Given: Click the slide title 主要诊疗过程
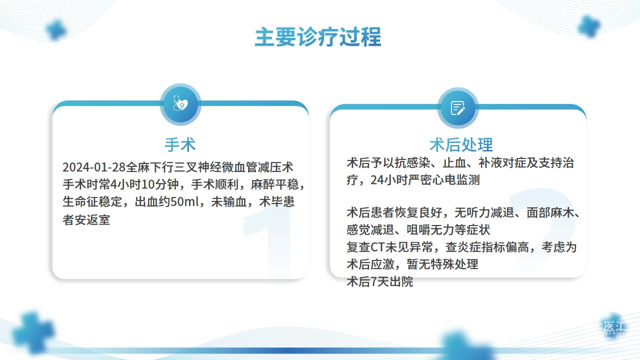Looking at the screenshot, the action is [x=318, y=37].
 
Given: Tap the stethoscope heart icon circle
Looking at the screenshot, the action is [x=180, y=104].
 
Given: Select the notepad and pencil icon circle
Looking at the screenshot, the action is [x=457, y=108].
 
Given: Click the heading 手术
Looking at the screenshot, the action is [x=180, y=144].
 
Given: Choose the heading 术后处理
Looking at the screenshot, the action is [x=461, y=144].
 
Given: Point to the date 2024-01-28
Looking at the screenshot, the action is [x=94, y=167].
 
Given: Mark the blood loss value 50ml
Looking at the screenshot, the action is [x=184, y=201].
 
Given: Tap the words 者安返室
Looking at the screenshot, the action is [x=86, y=219].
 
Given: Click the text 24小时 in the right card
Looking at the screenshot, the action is [x=389, y=180].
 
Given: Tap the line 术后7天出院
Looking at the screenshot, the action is [x=380, y=281].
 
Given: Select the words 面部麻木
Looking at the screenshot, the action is [x=550, y=212].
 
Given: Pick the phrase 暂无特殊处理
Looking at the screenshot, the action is [x=442, y=264].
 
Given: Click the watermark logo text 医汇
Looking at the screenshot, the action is [x=615, y=326].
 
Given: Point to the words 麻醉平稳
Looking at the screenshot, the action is [x=274, y=184].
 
